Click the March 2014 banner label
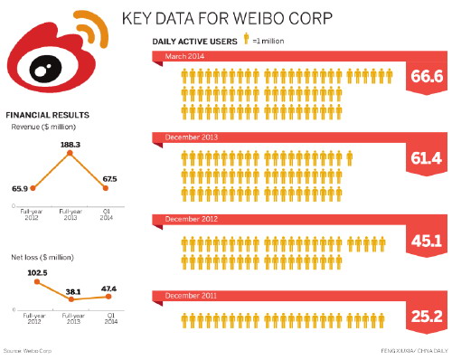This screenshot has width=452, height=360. tap(185, 57)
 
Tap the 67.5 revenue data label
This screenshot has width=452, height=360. tap(108, 179)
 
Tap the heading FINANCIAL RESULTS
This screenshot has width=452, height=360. tap(47, 115)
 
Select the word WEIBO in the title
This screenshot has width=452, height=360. tap(250, 17)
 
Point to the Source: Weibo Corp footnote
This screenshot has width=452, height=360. tap(26, 347)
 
